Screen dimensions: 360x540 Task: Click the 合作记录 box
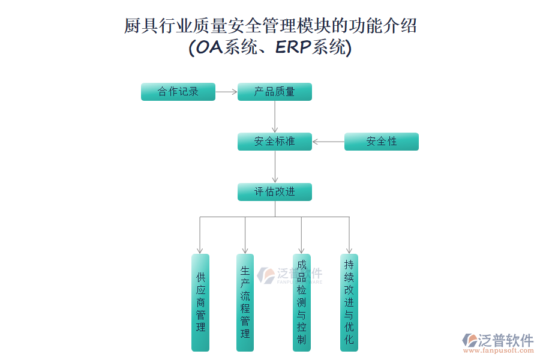tap(178, 92)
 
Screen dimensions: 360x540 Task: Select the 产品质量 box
tap(275, 92)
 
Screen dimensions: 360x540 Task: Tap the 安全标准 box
tap(275, 142)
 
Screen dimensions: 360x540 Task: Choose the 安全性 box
tap(381, 142)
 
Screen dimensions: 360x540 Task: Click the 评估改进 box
tap(275, 192)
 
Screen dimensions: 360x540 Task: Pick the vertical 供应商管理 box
tap(200, 302)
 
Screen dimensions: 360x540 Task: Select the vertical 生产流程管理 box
tap(245, 302)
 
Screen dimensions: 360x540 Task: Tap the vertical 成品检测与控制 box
tap(301, 302)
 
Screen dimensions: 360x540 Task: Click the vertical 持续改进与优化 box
tap(349, 302)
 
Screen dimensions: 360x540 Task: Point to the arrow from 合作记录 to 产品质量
tap(226, 92)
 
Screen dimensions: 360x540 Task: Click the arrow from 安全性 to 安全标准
tap(328, 142)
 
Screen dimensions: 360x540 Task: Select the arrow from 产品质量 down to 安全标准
tap(275, 116)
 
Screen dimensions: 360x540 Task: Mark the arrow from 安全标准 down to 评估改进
tap(275, 166)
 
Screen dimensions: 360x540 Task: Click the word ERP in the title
tap(292, 48)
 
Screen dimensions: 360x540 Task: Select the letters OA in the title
tap(209, 48)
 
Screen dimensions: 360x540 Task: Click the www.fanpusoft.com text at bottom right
tap(499, 353)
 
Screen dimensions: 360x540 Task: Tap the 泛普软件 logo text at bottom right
tap(505, 340)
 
